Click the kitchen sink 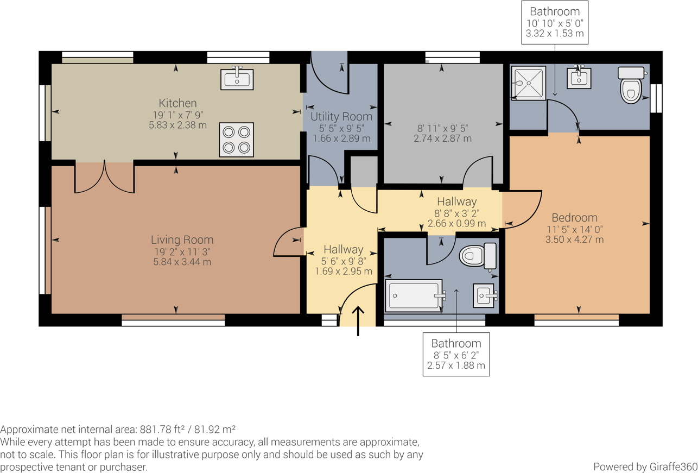click(x=237, y=79)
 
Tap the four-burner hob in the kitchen click(x=236, y=140)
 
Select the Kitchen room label click(x=177, y=103)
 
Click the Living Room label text click(x=182, y=239)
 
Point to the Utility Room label click(x=341, y=117)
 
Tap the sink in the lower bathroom click(x=485, y=295)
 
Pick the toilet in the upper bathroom click(x=631, y=85)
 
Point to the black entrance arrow click(x=358, y=321)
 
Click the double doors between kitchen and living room click(x=104, y=178)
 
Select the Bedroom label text click(x=574, y=218)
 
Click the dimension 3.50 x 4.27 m click(x=574, y=239)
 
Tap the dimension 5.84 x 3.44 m click(x=182, y=262)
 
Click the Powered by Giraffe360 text click(x=644, y=466)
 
